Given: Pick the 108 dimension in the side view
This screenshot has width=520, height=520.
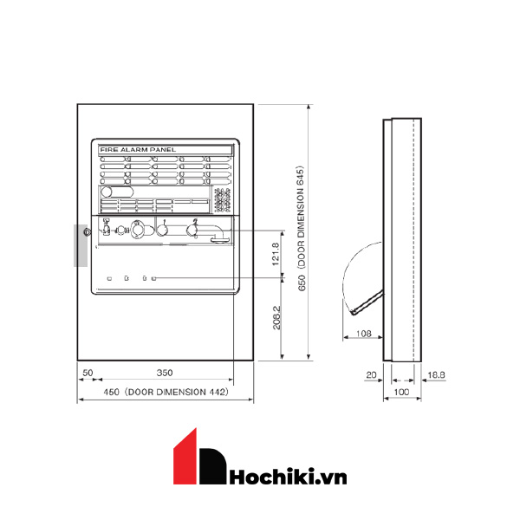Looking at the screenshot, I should (x=364, y=332).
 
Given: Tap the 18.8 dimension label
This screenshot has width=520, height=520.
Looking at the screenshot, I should (x=437, y=374).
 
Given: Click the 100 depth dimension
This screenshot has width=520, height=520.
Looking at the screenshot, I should (x=401, y=393).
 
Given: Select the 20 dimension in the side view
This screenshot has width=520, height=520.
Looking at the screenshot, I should (x=371, y=374).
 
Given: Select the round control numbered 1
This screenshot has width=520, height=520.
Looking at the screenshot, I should (x=161, y=231).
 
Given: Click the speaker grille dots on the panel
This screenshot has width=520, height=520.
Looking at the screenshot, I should (x=223, y=198).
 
